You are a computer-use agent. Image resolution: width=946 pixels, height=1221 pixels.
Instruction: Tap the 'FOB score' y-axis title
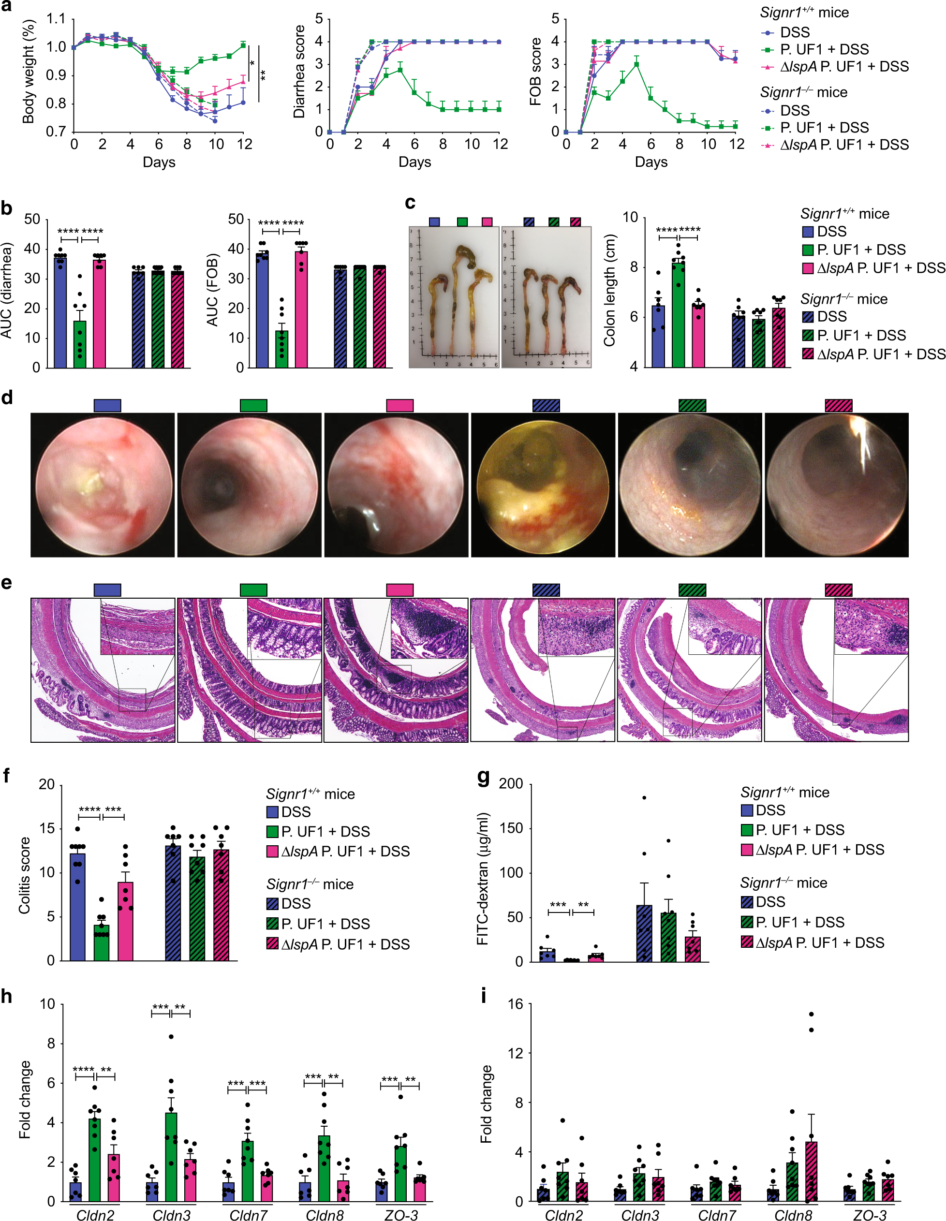pyautogui.click(x=535, y=72)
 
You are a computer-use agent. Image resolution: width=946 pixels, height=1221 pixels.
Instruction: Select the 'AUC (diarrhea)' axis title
pyautogui.click(x=7, y=290)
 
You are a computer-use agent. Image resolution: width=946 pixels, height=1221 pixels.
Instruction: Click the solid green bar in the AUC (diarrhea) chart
pyautogui.click(x=80, y=344)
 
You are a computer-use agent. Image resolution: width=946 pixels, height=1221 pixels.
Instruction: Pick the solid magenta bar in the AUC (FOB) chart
pyautogui.click(x=301, y=309)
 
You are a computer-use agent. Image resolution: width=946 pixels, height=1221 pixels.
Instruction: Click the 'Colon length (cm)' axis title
pyautogui.click(x=609, y=290)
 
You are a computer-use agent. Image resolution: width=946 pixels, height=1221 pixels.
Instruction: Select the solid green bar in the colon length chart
pyautogui.click(x=678, y=313)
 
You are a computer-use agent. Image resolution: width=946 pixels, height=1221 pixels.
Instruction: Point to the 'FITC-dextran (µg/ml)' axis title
pyautogui.click(x=483, y=878)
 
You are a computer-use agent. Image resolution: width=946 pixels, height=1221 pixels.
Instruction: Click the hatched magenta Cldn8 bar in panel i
pyautogui.click(x=811, y=1171)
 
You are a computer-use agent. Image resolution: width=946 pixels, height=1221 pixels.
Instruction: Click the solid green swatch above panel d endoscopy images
pyautogui.click(x=253, y=405)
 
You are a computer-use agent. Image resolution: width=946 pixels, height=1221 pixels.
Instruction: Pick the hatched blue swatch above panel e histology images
pyautogui.click(x=546, y=590)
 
